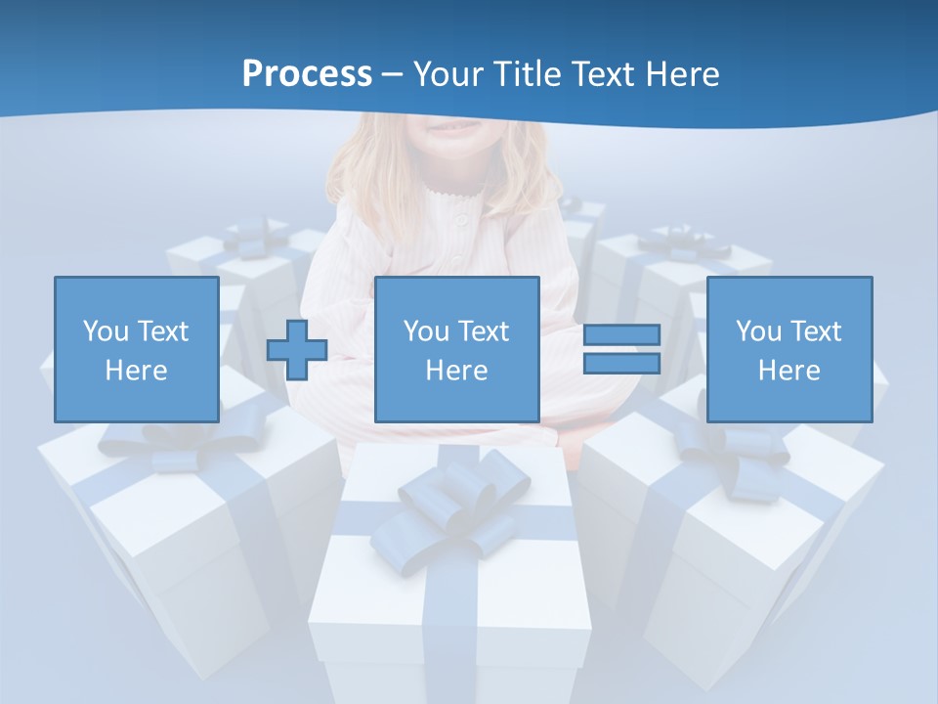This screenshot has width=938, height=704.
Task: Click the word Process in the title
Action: pos(307,73)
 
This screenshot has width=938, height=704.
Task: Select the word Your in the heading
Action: pos(450,74)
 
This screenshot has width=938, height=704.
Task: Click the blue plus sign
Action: pos(297,349)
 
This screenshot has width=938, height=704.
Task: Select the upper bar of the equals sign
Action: pos(621,334)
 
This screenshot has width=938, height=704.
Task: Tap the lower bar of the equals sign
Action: pos(621,363)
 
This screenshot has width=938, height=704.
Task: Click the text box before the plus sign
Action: pos(137,349)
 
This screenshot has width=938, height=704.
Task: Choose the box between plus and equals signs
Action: pos(456,349)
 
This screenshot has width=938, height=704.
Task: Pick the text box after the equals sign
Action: pos(789,349)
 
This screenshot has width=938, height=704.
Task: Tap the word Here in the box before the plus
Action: pos(137,371)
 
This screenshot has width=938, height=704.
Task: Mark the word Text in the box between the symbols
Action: pos(484,331)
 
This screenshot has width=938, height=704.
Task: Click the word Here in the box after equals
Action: pos(789,371)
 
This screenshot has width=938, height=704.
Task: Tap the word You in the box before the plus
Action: pos(106,331)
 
